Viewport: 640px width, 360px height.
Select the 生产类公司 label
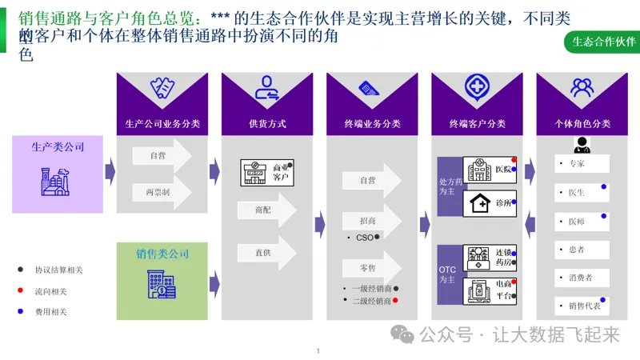click(x=58, y=147)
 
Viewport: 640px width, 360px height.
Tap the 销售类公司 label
click(x=162, y=254)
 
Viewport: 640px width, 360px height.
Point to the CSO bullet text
click(x=366, y=238)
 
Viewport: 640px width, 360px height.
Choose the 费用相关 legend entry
click(x=50, y=311)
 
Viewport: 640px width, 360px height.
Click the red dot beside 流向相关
click(x=19, y=290)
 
